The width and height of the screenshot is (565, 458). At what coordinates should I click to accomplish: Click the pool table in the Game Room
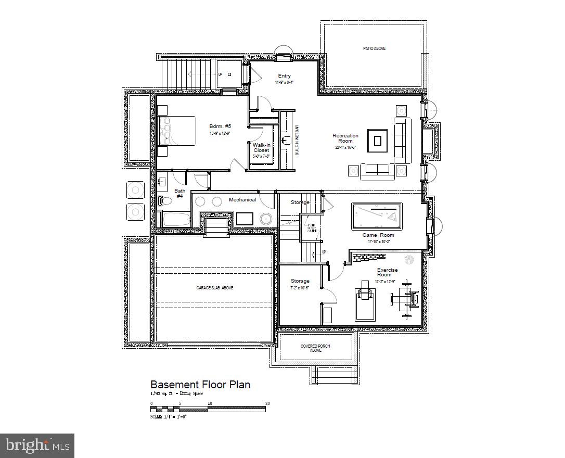point(377,216)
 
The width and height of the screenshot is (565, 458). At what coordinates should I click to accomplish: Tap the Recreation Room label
point(345,138)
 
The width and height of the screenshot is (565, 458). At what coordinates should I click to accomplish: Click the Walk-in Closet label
point(261,148)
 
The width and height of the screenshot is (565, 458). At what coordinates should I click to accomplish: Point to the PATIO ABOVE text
point(374,48)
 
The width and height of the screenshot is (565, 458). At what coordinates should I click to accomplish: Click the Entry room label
point(284,77)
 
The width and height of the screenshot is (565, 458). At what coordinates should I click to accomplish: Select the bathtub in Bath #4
point(174,219)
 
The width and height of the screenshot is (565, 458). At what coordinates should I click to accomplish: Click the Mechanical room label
point(242,200)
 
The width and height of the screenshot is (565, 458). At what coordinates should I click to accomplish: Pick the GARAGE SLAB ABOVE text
point(214,288)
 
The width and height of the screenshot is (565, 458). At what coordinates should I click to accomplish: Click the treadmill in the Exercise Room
point(365,302)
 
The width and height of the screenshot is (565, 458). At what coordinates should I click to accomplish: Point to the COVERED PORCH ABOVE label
point(316,348)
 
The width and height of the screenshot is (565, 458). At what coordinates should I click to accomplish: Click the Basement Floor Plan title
point(200,385)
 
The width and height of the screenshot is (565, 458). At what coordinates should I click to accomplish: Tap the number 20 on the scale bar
point(267,403)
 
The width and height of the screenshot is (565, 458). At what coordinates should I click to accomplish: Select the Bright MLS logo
point(37,446)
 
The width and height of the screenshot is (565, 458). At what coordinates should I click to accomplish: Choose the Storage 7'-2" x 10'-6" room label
point(300,284)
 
